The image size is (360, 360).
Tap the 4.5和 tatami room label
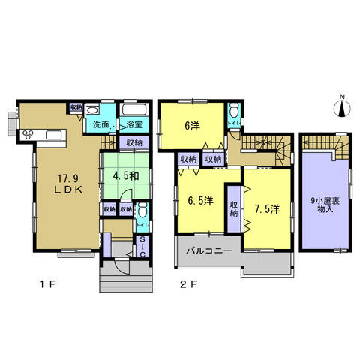pyautogui.click(x=124, y=177)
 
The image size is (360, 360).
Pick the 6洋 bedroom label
pyautogui.click(x=192, y=126)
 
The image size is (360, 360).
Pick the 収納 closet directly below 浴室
pyautogui.click(x=133, y=142)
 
